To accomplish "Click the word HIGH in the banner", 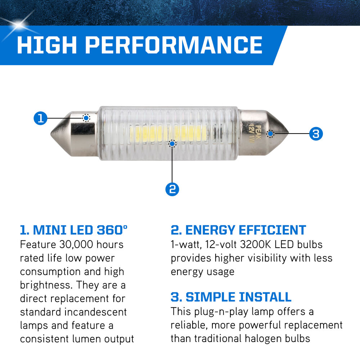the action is [x=46, y=45].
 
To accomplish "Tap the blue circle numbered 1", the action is [x=40, y=118].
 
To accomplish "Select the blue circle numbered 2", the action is [x=172, y=189].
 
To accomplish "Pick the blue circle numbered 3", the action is [x=316, y=134].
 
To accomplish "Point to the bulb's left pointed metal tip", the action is [x=51, y=134].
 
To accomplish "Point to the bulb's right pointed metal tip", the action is [x=288, y=133].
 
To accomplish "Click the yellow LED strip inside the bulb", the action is [x=168, y=134].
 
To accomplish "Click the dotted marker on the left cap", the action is [x=86, y=118].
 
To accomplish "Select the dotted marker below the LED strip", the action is [x=172, y=144].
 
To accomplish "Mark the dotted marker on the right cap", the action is [x=271, y=134].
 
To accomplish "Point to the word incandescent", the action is [x=95, y=312].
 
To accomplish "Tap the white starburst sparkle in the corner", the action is [x=18, y=24].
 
